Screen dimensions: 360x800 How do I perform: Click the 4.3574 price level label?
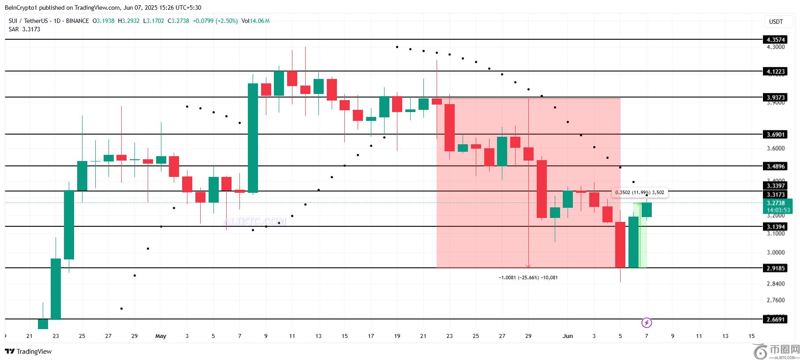(x=776, y=40)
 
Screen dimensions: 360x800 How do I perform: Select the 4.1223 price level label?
(x=776, y=71)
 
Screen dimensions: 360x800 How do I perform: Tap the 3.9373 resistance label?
(x=776, y=97)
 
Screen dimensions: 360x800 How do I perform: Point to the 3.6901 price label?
(x=776, y=135)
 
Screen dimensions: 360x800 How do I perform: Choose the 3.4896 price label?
(x=776, y=166)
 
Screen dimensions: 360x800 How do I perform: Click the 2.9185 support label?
(x=776, y=268)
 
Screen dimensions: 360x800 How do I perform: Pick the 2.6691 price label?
(x=776, y=319)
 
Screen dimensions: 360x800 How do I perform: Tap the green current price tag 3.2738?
(x=776, y=203)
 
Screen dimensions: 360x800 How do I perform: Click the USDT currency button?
(x=776, y=22)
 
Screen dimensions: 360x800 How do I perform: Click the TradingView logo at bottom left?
(x=28, y=352)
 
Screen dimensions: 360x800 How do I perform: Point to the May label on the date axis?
(x=161, y=336)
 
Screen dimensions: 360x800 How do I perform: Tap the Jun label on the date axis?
(x=568, y=336)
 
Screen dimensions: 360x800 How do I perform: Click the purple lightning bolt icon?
(x=647, y=323)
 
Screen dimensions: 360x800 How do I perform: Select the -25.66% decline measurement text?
(x=528, y=277)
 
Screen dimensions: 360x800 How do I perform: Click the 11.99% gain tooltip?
(x=639, y=192)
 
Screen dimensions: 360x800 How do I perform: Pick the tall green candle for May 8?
(x=253, y=138)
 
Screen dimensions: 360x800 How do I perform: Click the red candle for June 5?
(x=620, y=244)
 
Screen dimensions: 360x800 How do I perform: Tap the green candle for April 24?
(x=69, y=225)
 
